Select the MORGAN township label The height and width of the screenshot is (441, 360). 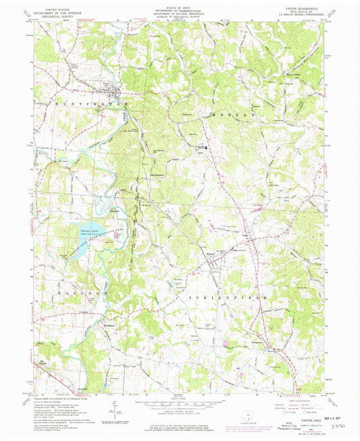[x=236, y=115]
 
